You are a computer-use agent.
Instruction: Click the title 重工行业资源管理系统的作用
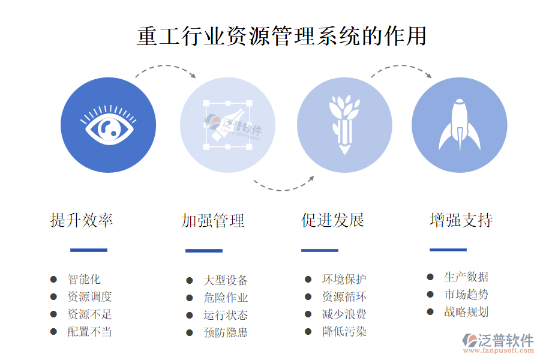[282, 36]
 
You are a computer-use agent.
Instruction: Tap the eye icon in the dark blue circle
[109, 125]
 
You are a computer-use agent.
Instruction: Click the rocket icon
[460, 125]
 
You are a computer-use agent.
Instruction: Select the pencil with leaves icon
[344, 125]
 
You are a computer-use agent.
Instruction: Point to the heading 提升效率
[82, 220]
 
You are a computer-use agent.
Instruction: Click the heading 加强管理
[213, 221]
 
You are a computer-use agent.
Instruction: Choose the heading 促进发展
[332, 220]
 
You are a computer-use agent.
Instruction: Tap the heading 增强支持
[461, 220]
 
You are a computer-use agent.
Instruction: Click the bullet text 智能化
[84, 279]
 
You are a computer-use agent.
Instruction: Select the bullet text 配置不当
[89, 332]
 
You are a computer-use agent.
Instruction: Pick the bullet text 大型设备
[226, 280]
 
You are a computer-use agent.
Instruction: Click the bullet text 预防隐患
[226, 333]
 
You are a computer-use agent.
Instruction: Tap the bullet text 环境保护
[344, 279]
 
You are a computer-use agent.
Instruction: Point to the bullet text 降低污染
[344, 332]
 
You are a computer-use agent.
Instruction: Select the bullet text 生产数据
[466, 277]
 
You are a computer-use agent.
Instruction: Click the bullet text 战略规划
[466, 312]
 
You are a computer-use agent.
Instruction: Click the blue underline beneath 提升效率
[89, 250]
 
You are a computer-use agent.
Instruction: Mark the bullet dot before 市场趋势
[430, 295]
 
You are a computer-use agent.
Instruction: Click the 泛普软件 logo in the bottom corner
[498, 343]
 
